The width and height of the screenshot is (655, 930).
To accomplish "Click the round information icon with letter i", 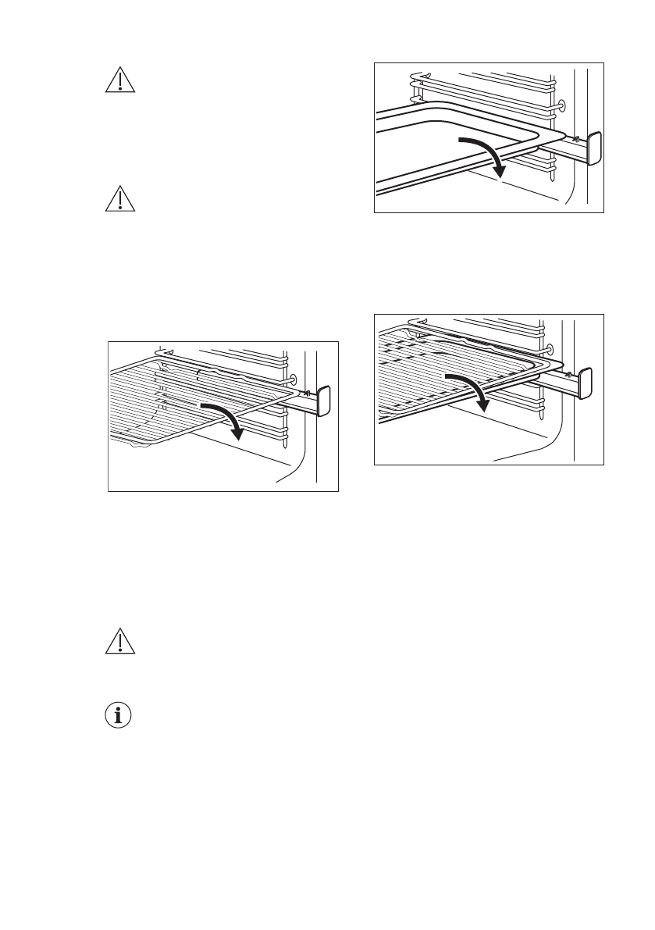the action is point(119,715).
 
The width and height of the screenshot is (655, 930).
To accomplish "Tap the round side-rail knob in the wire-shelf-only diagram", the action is point(294,379).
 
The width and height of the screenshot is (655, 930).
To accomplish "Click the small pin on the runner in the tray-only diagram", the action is point(576,139).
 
